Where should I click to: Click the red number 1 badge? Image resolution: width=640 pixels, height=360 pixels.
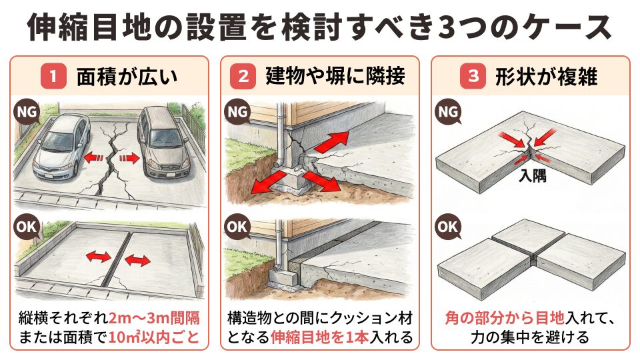pyautogui.click(x=53, y=77)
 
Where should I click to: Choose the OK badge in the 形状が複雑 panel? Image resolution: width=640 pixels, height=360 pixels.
pyautogui.click(x=448, y=227)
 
